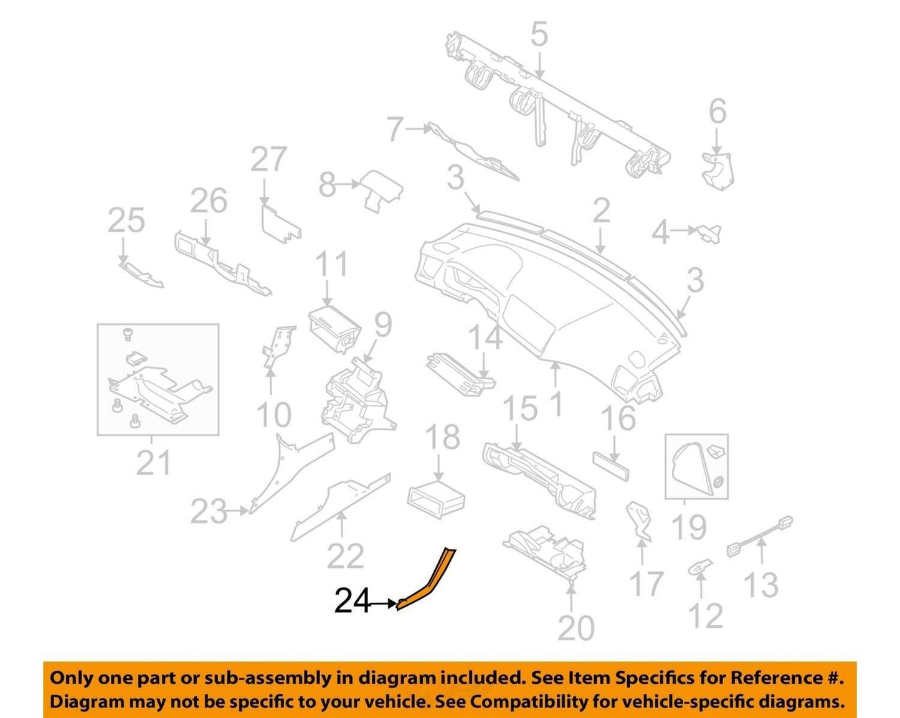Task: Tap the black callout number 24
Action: (x=353, y=602)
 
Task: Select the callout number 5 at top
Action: (x=539, y=34)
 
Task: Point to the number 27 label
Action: (x=268, y=159)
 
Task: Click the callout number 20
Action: (x=576, y=628)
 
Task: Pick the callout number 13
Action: (x=761, y=585)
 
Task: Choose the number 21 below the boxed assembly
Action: (x=153, y=463)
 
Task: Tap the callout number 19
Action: (x=689, y=527)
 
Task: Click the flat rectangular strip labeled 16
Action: (x=610, y=466)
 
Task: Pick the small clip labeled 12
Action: (x=701, y=567)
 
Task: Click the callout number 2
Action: (x=602, y=210)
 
